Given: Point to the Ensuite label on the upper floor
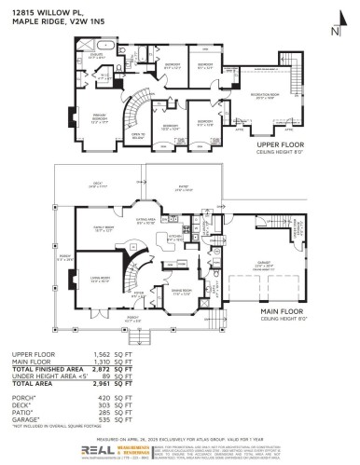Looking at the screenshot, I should pos(94,55).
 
